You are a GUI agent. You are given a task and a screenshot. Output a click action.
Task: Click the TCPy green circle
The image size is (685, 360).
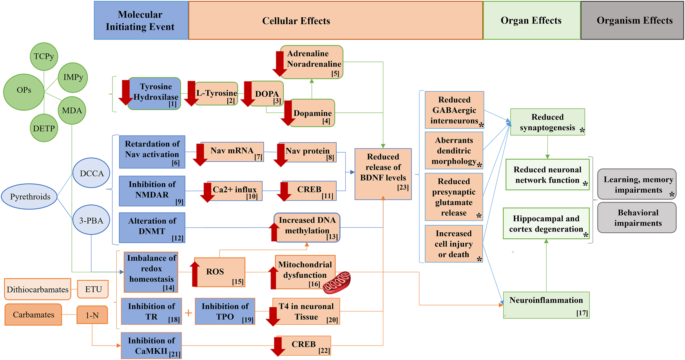[44, 56]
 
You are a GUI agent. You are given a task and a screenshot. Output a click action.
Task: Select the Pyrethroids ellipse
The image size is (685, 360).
[30, 197]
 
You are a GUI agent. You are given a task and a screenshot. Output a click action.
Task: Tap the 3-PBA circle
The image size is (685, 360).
[91, 220]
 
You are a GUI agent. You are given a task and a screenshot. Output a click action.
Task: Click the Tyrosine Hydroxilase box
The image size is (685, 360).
[155, 94]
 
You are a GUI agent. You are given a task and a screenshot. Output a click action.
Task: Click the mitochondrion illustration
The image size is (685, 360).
[337, 282]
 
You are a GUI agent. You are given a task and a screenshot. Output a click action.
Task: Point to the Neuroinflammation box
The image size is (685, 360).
[546, 305]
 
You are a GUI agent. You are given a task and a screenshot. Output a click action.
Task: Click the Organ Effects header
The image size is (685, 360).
[531, 20]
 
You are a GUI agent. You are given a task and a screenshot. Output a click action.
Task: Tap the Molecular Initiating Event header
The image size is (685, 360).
[140, 20]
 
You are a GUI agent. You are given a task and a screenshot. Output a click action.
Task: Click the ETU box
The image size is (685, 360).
[93, 289]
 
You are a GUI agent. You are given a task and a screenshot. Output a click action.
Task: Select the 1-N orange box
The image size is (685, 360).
[92, 315]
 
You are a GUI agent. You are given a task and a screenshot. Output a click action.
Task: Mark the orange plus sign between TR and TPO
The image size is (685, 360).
[188, 313]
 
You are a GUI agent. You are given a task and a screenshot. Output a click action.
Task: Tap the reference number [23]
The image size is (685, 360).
[403, 187]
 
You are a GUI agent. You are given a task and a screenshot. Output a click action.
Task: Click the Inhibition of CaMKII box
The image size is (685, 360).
[151, 346]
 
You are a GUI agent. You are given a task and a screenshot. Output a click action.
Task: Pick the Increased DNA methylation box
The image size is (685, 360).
[307, 228]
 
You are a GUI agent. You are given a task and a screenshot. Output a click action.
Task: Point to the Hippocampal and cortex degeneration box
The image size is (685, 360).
[546, 224]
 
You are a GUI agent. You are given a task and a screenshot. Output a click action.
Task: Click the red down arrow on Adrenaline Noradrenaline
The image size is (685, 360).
[280, 64]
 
